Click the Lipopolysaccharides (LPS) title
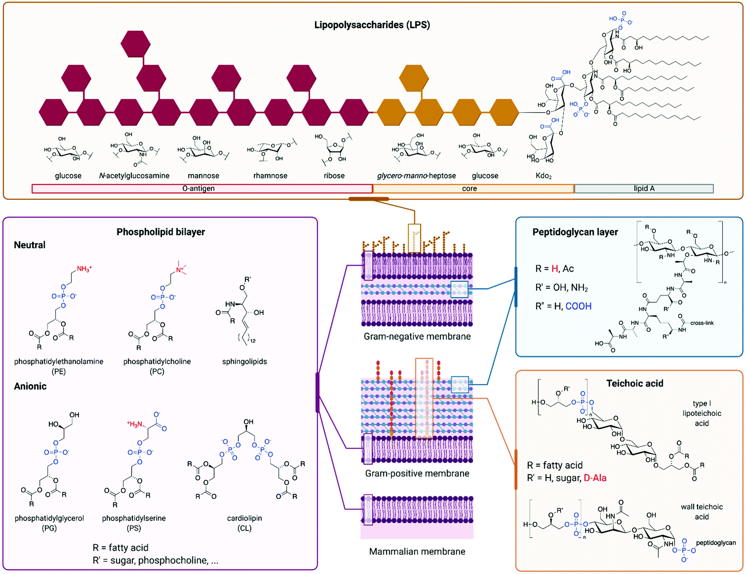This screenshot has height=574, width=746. (372, 25)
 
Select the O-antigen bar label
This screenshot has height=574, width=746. (198, 189)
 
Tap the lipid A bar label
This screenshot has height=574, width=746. (644, 189)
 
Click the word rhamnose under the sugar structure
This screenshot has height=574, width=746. (270, 176)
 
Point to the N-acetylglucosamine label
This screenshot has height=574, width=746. (134, 176)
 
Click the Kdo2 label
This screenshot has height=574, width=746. (543, 176)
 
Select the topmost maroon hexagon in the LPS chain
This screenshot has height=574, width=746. (135, 44)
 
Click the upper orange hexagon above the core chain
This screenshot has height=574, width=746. (413, 78)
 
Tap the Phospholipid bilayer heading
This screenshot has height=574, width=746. (160, 232)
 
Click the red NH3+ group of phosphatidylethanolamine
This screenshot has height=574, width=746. (84, 269)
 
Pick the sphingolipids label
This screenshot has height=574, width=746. (244, 362)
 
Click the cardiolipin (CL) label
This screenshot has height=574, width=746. (244, 522)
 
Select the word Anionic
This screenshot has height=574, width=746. (30, 386)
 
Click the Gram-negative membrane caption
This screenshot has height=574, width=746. (417, 336)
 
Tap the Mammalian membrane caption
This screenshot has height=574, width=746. (417, 552)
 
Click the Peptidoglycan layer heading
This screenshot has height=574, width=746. (575, 232)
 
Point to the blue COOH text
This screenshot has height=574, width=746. (578, 306)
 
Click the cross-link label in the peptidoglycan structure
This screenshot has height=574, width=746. (702, 323)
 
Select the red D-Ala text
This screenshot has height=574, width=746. (595, 478)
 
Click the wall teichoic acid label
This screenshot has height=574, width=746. (701, 512)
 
